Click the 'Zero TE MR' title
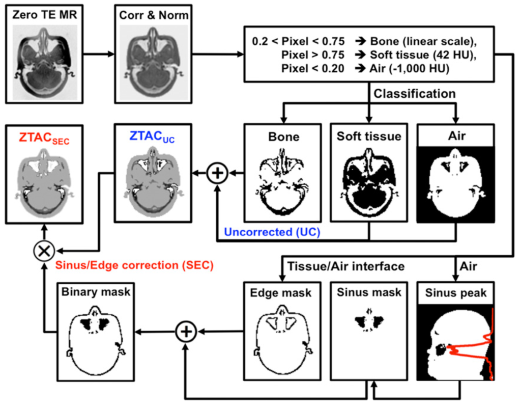pyautogui.click(x=45, y=15)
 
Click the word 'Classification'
pyautogui.click(x=415, y=94)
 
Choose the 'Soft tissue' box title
pyautogui.click(x=369, y=137)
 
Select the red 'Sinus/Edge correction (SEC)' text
pyautogui.click(x=133, y=265)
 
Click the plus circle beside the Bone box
pyautogui.click(x=217, y=173)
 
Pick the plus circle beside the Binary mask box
pyautogui.click(x=185, y=332)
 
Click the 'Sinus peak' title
pyautogui.click(x=455, y=293)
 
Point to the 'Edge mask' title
pyautogui.click(x=281, y=293)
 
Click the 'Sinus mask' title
pyautogui.click(x=369, y=293)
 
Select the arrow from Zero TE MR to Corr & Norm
pyautogui.click(x=98, y=52)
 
